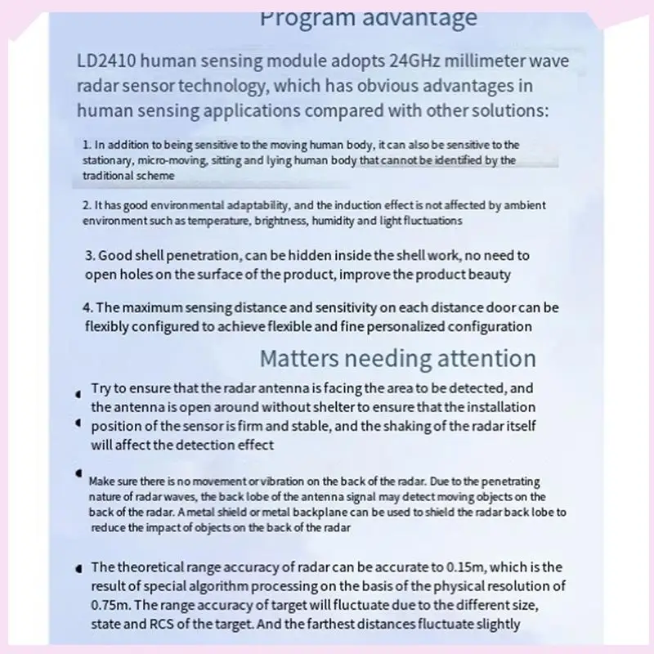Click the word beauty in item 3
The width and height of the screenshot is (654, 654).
(491, 274)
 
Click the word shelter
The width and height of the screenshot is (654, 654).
(310, 406)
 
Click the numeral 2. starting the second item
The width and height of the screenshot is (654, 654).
(87, 205)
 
